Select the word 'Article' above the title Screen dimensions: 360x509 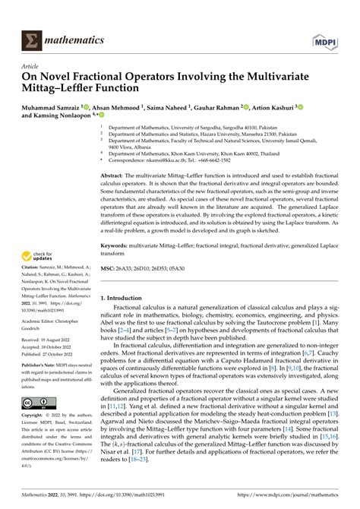click(x=35, y=66)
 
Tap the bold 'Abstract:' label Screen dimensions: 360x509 click(x=115, y=175)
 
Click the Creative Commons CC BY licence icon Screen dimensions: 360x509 click(x=37, y=403)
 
